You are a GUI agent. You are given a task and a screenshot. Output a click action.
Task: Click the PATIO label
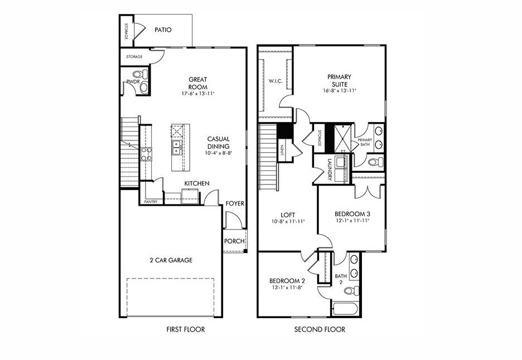pyautogui.click(x=163, y=30)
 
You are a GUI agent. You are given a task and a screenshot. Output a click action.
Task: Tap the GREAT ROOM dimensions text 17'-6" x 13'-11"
pyautogui.click(x=197, y=94)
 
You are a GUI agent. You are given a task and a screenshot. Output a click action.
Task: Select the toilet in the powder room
pyautogui.click(x=139, y=74)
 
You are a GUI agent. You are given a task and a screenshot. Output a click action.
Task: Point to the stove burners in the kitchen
pyautogui.click(x=146, y=154)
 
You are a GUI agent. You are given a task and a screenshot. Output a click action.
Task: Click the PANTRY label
pyautogui.click(x=151, y=202)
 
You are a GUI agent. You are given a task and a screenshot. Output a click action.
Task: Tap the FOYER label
pyautogui.click(x=234, y=203)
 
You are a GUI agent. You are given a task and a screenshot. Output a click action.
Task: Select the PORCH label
pyautogui.click(x=234, y=241)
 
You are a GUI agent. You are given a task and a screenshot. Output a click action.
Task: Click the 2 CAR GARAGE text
pyautogui.click(x=171, y=260)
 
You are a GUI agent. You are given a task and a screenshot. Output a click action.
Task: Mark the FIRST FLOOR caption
pyautogui.click(x=186, y=329)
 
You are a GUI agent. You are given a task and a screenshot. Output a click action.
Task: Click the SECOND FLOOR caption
pyautogui.click(x=320, y=329)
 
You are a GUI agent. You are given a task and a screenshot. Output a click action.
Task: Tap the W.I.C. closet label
pyautogui.click(x=275, y=81)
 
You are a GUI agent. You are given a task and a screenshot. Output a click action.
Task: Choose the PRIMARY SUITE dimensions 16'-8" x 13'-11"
pyautogui.click(x=339, y=91)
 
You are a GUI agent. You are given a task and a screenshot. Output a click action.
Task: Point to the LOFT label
pyautogui.click(x=288, y=215)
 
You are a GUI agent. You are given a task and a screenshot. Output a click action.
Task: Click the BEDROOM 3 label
pyautogui.click(x=352, y=213)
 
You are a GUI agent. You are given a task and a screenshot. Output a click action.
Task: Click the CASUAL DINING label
pyautogui.click(x=218, y=143)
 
